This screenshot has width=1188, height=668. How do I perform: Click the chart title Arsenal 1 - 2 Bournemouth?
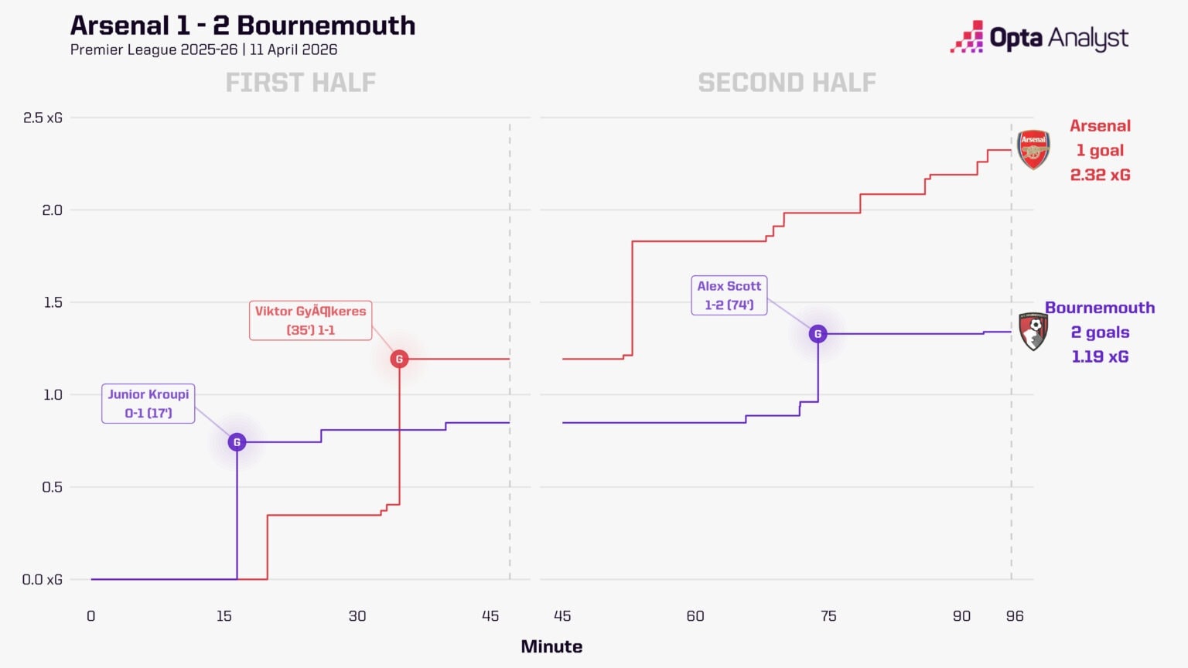tap(243, 26)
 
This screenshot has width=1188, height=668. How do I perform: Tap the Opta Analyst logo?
tap(1039, 38)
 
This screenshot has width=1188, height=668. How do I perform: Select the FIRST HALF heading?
tap(300, 82)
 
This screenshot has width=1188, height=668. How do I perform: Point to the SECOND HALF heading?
tap(787, 82)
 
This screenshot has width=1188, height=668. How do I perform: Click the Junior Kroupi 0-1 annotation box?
tap(148, 404)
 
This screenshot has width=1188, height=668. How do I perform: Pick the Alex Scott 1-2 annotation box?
tap(729, 295)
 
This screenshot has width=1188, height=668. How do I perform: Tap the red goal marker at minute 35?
tap(399, 359)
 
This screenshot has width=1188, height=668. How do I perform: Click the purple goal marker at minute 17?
tap(237, 442)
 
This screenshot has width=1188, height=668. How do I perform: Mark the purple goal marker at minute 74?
tap(818, 334)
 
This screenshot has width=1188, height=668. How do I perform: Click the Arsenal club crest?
tap(1033, 149)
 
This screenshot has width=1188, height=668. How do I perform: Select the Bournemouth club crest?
tap(1033, 332)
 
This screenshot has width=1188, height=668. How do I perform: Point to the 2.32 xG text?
tap(1100, 175)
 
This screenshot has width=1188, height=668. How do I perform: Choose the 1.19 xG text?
tap(1100, 356)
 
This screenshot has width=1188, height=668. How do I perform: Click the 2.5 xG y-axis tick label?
tap(43, 118)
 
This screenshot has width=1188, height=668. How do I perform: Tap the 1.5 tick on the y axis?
tap(53, 302)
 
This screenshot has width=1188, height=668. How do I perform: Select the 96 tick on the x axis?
tap(1015, 616)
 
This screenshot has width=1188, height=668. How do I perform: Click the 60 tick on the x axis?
tap(695, 616)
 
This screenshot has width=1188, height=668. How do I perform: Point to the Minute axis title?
tap(551, 646)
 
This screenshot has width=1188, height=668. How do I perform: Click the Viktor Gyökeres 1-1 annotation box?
tap(310, 320)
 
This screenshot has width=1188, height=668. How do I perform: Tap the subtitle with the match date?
tap(203, 49)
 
